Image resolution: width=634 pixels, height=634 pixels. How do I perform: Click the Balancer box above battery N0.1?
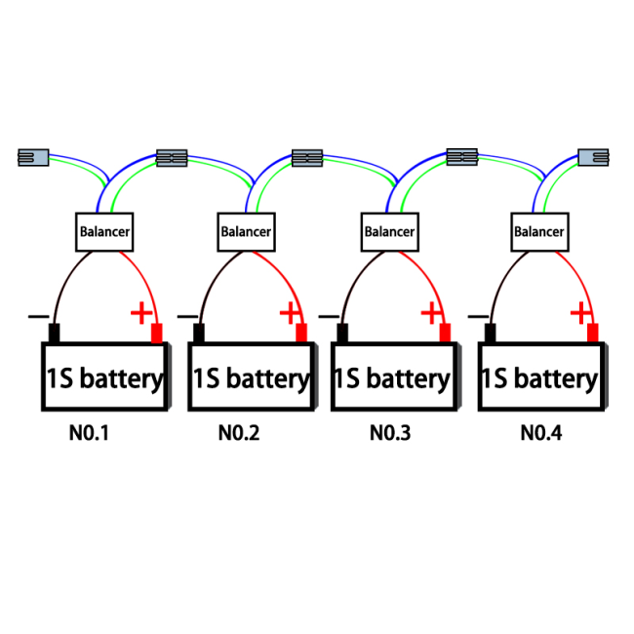coord(104,232)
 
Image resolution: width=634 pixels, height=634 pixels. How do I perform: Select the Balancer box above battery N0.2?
coord(246,232)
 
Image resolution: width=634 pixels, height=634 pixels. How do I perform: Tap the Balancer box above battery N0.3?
coord(390,232)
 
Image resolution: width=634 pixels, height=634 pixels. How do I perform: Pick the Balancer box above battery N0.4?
coord(539,232)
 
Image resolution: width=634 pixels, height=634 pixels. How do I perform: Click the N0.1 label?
coord(89,433)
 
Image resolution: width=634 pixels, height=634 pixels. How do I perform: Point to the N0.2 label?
coord(239,433)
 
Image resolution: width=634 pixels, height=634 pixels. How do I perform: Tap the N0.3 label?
coord(390,433)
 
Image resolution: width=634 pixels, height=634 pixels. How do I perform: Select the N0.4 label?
coord(541,433)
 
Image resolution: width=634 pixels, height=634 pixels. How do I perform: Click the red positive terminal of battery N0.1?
coord(157,334)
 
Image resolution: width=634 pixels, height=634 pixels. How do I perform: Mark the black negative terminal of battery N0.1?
coord(55,334)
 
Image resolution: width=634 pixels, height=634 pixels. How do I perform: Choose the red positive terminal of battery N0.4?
coord(593,334)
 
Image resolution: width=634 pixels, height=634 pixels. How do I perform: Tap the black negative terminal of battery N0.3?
coord(342,334)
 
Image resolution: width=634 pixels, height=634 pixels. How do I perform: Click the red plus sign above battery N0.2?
coord(290,312)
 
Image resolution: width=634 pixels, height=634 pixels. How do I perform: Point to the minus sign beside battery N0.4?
coord(478,316)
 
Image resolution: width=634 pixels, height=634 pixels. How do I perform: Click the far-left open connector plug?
coord(33,157)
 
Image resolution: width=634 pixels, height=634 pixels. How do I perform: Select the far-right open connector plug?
coord(593,157)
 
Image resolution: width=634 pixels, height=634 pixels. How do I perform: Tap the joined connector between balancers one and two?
coord(172,158)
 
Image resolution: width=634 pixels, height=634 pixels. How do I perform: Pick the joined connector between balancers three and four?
coord(462,157)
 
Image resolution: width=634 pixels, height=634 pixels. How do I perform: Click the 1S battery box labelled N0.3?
coord(395,376)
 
